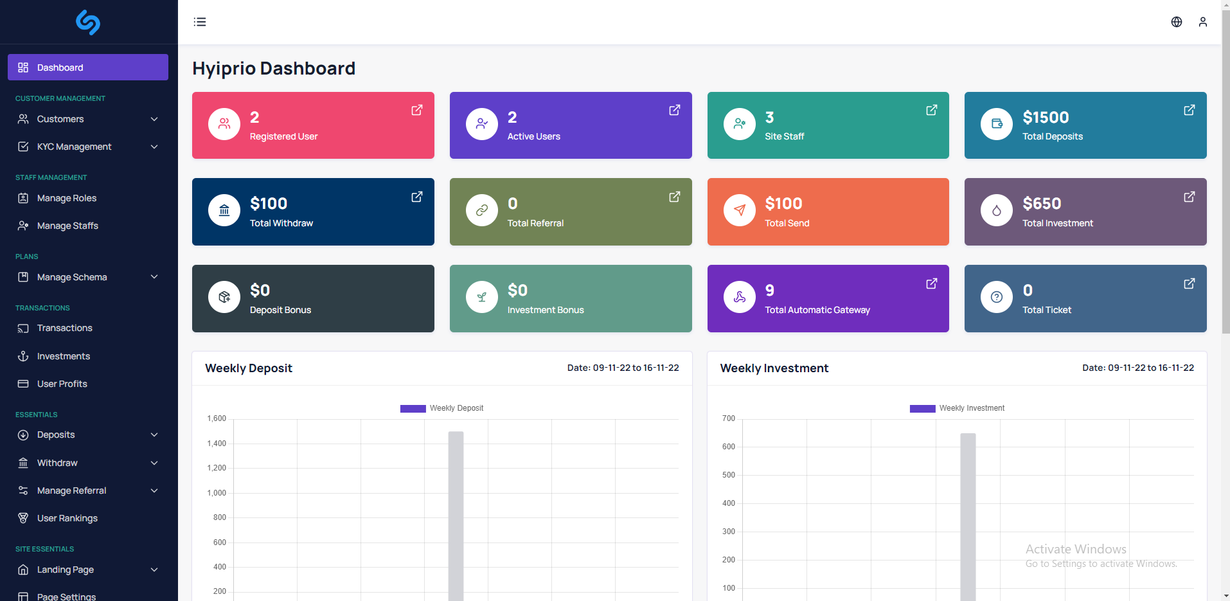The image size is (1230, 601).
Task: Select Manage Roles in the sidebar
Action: pos(67,198)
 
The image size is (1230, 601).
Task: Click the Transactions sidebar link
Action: pos(65,328)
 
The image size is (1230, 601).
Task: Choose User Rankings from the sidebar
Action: pos(67,518)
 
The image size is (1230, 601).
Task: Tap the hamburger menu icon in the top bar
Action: pos(200,22)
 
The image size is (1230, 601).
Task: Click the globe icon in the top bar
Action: pos(1177,22)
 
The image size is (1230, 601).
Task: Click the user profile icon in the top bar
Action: pos(1203,22)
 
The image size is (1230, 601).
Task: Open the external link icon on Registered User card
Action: pos(417,110)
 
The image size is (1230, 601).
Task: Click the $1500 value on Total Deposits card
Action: pos(1046,118)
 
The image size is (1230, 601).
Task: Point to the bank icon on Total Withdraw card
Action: pos(224,210)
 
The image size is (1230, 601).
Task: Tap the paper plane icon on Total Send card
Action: pos(740,210)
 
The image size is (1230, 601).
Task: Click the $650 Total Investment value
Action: pos(1042,204)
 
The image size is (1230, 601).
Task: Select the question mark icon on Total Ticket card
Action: pos(997,297)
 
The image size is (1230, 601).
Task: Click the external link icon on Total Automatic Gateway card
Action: pos(932,283)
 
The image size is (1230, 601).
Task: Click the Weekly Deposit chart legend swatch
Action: pos(413,408)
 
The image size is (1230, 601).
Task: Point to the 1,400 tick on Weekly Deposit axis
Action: pos(217,444)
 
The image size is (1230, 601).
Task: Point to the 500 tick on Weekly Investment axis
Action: pos(729,475)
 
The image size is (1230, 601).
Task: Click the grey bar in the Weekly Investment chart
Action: pos(968,517)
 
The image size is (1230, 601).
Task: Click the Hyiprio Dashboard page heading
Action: pos(274,68)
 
